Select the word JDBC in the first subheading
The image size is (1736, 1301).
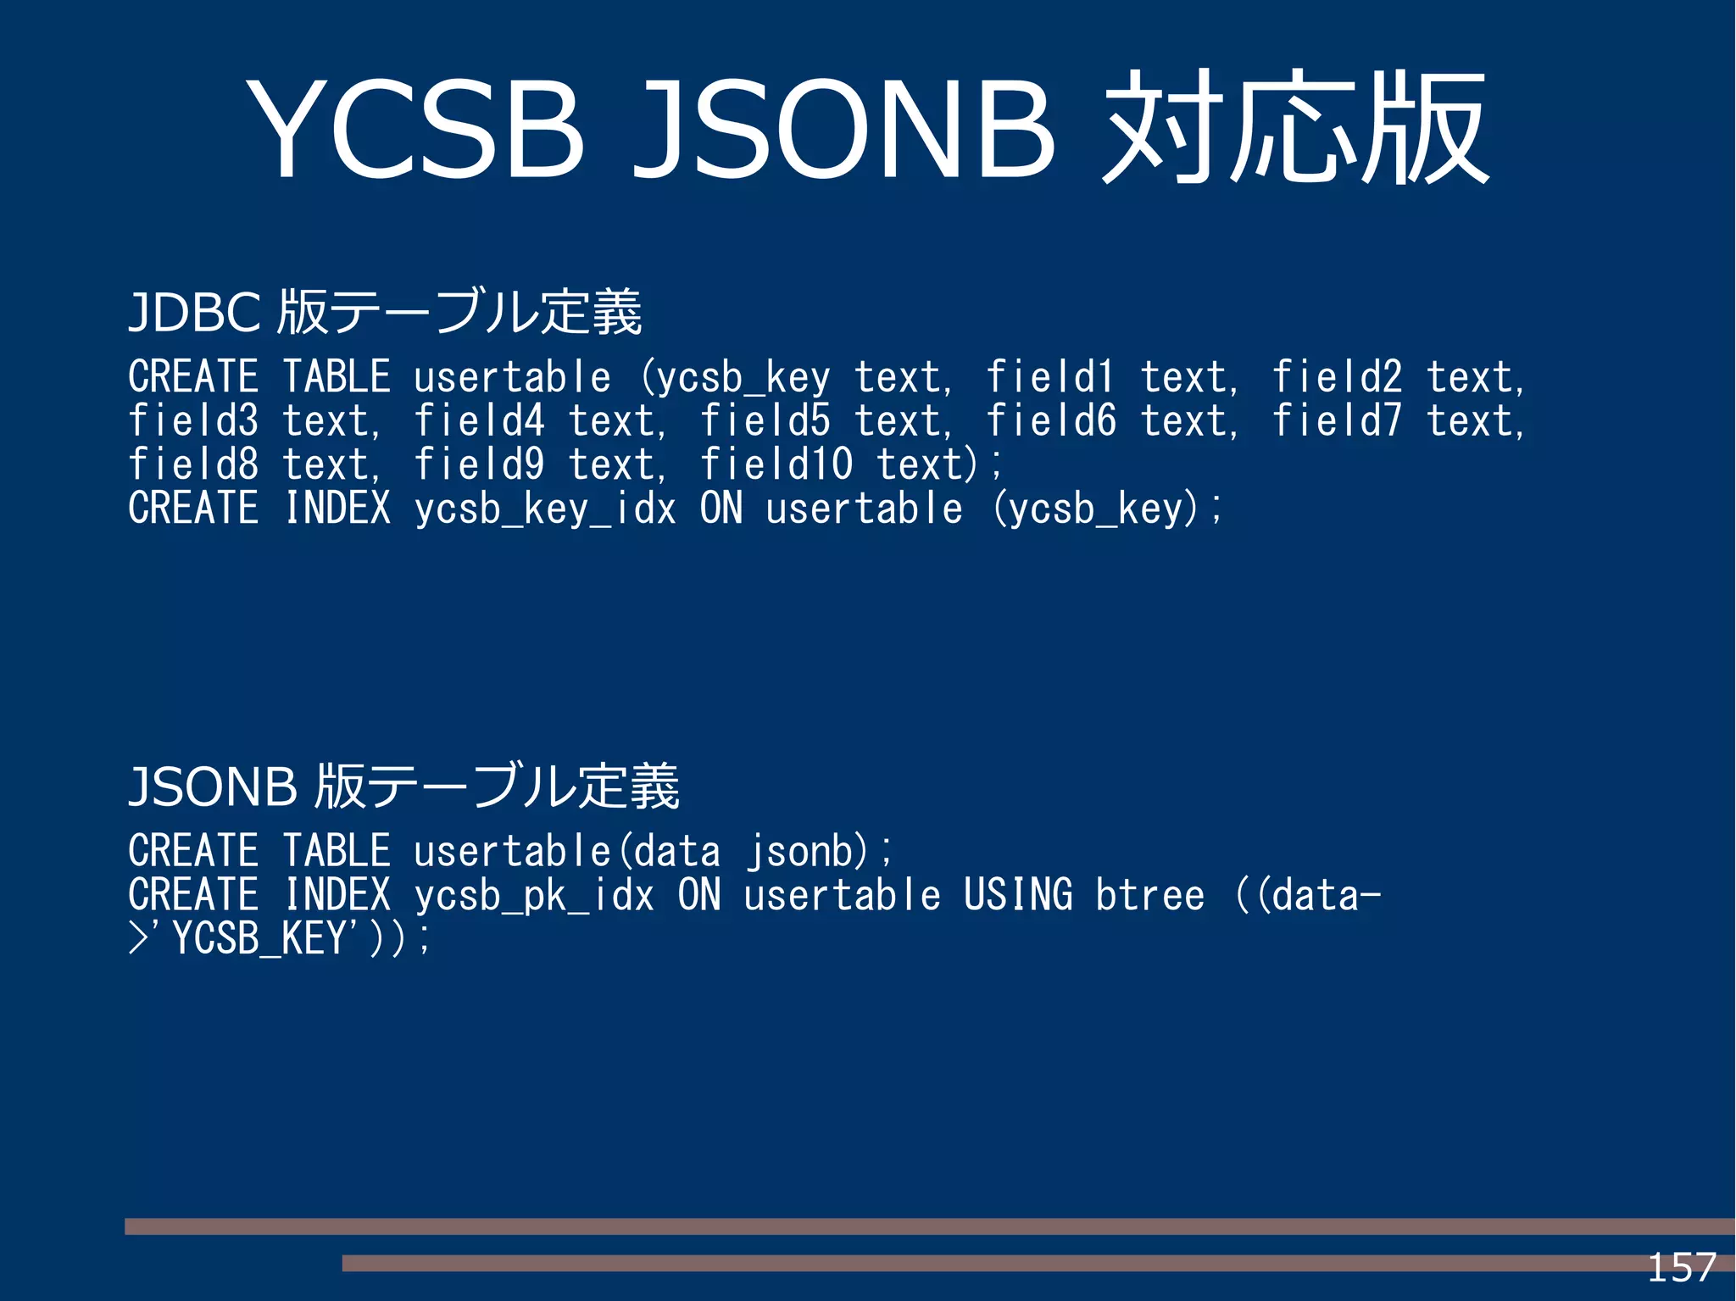[x=194, y=312]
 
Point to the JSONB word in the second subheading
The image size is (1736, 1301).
[x=213, y=786]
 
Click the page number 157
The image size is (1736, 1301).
[x=1681, y=1268]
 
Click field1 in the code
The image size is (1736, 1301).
[x=1050, y=377]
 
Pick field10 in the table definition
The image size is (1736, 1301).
[x=776, y=464]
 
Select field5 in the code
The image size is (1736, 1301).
[x=765, y=421]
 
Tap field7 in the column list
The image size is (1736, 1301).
[x=1337, y=421]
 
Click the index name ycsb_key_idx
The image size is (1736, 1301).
[x=545, y=509]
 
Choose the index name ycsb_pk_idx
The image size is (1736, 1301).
[x=534, y=895]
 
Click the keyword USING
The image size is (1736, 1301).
[x=1018, y=895]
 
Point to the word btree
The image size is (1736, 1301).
[x=1149, y=895]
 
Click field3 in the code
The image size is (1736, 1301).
[x=193, y=421]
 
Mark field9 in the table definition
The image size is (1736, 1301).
[x=479, y=464]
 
